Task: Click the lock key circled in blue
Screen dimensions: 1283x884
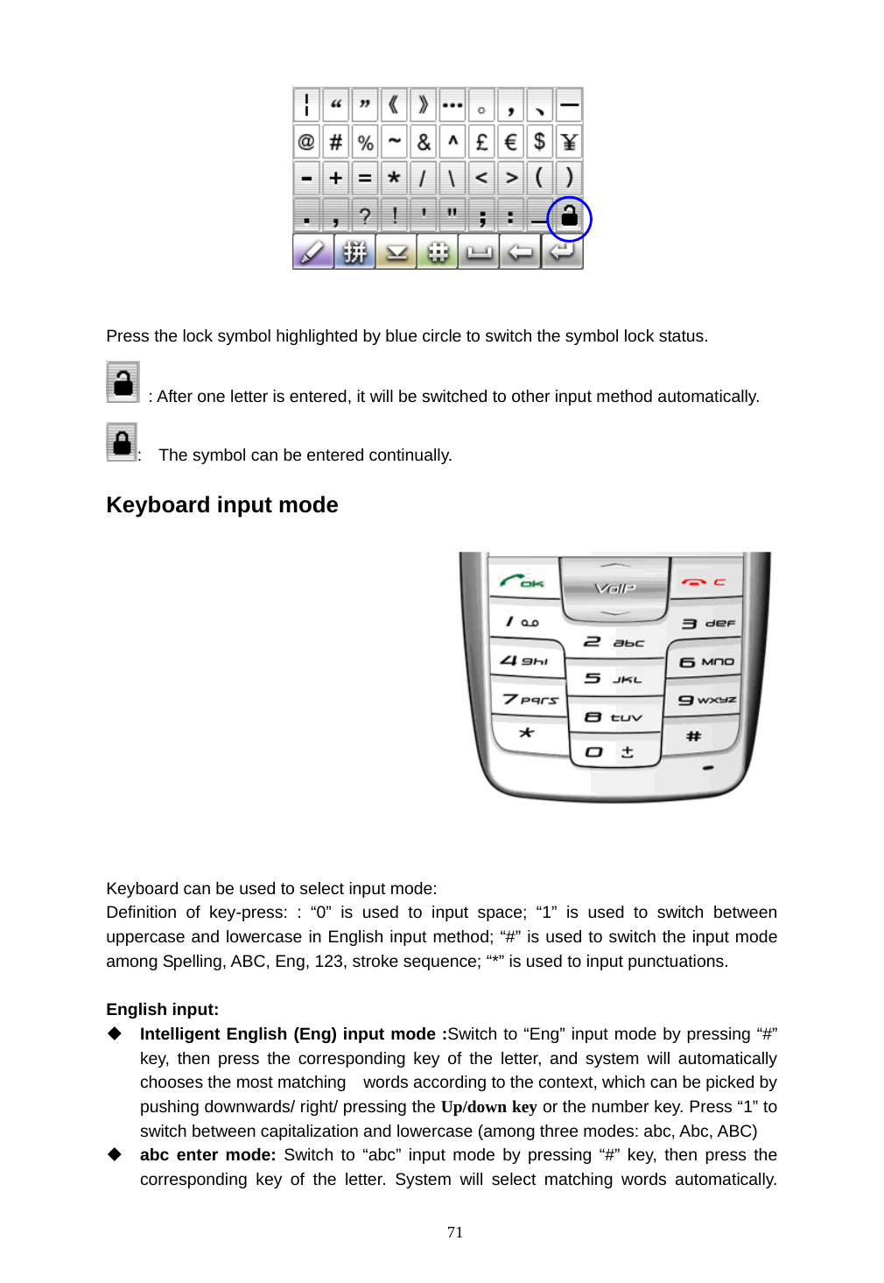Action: coord(569,215)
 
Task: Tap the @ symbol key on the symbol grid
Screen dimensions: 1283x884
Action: coord(306,142)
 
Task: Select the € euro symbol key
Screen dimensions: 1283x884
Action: coord(511,142)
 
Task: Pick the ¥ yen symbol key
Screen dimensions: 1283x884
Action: coord(569,142)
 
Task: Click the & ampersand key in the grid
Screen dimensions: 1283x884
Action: coord(424,142)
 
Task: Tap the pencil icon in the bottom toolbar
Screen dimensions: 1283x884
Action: coord(312,252)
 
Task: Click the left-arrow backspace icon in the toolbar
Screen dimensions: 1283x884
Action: coord(520,252)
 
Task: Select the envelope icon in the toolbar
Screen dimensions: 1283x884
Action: coord(396,252)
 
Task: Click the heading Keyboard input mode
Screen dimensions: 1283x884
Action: coord(221,505)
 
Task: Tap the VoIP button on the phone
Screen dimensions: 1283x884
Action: coord(614,588)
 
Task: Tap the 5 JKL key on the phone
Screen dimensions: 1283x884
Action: coord(613,679)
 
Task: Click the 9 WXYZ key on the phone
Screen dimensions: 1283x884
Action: coord(705,700)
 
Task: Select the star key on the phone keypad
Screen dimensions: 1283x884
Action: coord(526,732)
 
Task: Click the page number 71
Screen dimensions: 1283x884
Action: coord(454,1232)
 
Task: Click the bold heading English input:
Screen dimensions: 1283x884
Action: coord(162,1010)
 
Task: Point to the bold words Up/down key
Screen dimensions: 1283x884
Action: coord(488,1107)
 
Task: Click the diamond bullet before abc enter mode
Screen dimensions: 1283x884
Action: coord(115,1154)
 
